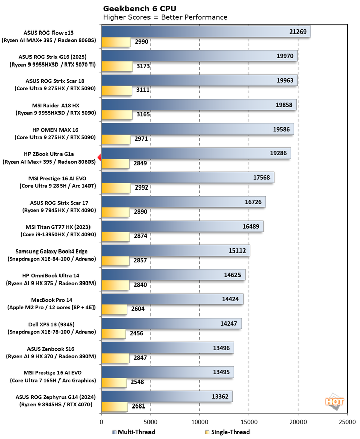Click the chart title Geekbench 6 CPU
[134, 8]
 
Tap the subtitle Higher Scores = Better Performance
[165, 17]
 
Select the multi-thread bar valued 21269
[206, 32]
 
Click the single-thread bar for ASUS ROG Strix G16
[117, 66]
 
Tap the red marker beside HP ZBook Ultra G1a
[100, 158]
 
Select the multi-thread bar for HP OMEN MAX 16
[197, 129]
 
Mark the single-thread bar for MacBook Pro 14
[114, 309]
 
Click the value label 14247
[230, 323]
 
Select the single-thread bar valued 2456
[113, 333]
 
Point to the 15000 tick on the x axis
[249, 422]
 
